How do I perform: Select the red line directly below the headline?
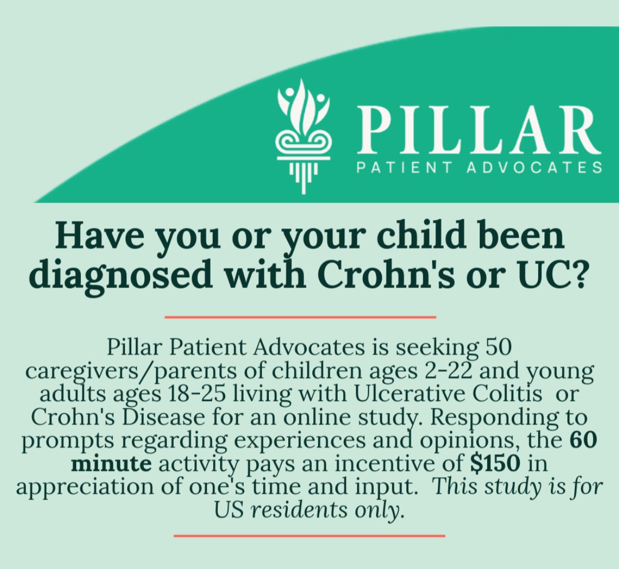(300, 317)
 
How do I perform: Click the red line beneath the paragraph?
(309, 536)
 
